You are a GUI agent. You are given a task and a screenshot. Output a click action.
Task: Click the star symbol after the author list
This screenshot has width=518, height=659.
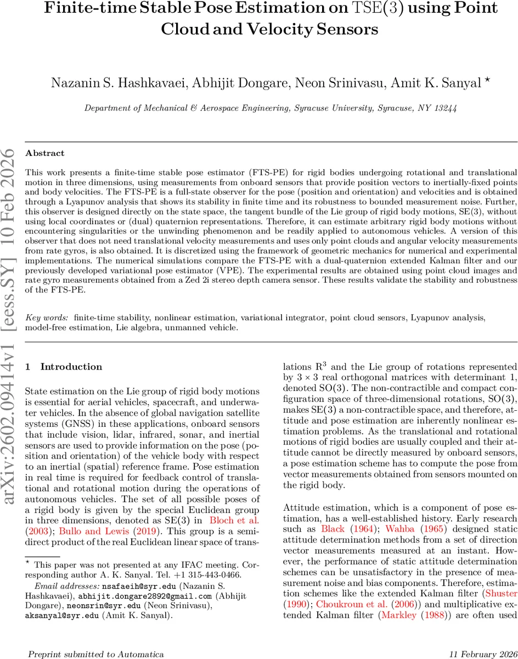[487, 80]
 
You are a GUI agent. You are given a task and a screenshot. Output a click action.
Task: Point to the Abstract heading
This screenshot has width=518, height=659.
[45, 153]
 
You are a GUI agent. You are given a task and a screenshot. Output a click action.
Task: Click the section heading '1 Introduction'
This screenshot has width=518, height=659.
[64, 367]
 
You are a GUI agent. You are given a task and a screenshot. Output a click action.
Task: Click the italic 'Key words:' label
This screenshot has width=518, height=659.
[47, 317]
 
